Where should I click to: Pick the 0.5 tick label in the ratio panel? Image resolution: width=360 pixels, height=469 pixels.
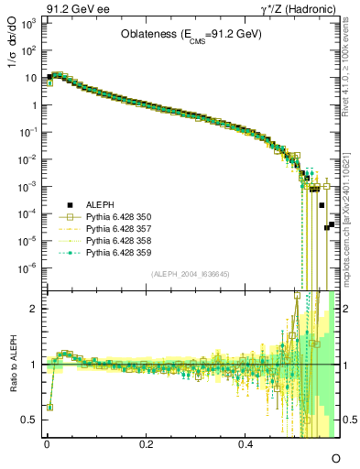(30, 420)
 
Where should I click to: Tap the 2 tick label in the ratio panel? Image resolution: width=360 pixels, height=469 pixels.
(36, 309)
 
